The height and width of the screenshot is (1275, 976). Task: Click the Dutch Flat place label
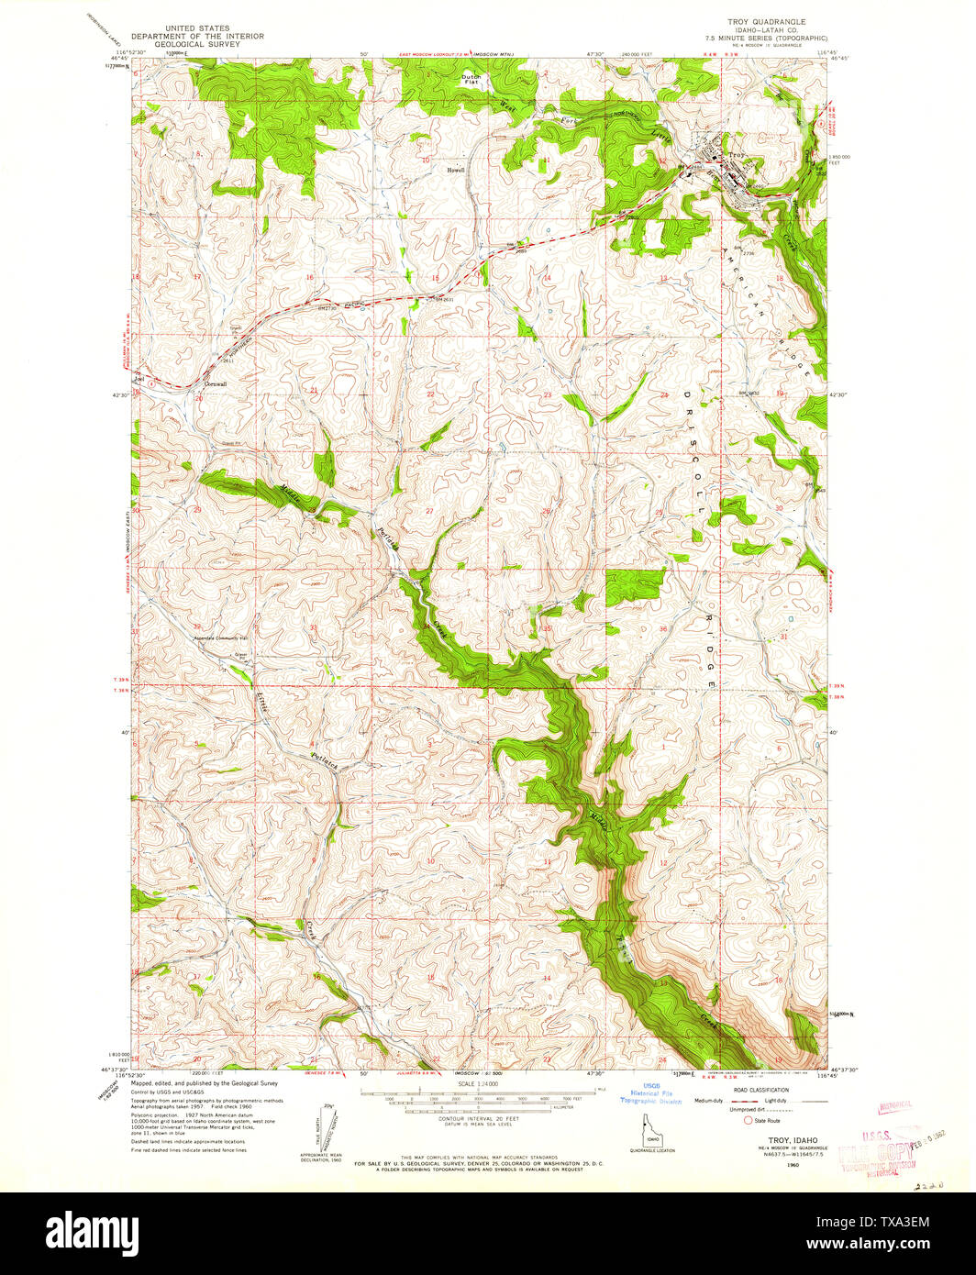(471, 79)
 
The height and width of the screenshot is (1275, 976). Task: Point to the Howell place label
(456, 170)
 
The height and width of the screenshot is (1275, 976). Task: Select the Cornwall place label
(215, 383)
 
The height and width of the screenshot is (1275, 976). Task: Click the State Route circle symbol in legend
(749, 1120)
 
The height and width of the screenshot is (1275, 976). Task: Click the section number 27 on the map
(428, 510)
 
